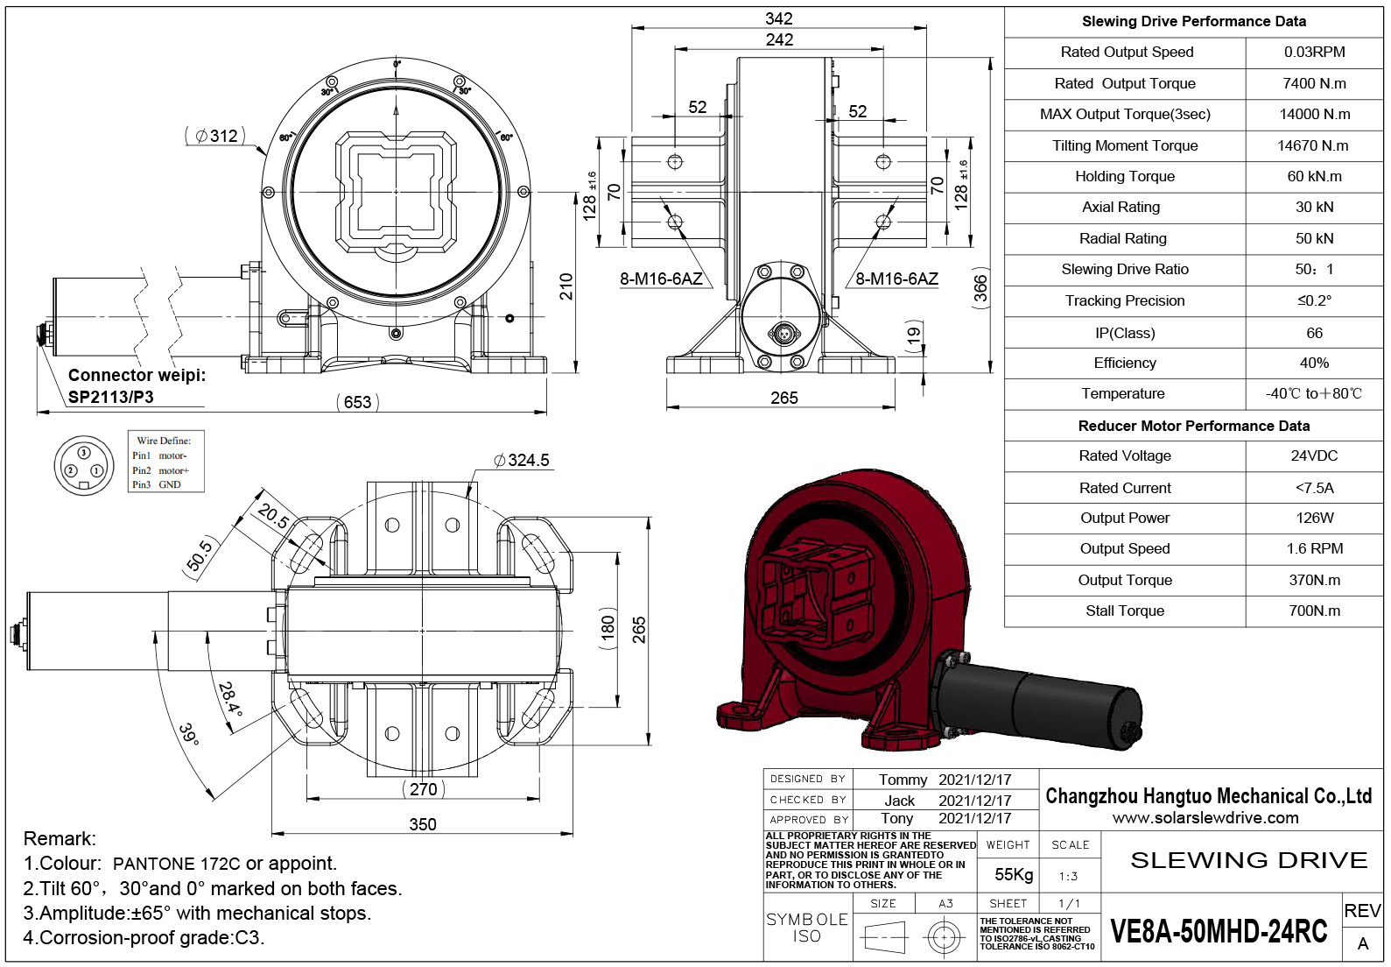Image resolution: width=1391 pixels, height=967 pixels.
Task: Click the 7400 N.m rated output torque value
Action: tap(1314, 83)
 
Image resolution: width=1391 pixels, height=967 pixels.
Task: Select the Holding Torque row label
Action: tap(1125, 176)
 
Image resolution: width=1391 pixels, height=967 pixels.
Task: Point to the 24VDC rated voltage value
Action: tap(1314, 455)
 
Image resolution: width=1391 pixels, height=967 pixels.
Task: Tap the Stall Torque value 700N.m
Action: tap(1314, 611)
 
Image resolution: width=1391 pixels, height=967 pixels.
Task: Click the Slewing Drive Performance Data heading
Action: tap(1193, 21)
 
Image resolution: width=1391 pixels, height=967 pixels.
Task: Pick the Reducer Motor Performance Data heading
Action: tap(1193, 426)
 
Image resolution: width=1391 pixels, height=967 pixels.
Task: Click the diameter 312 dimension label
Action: tap(215, 136)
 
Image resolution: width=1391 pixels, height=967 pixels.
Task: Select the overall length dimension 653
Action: tap(357, 402)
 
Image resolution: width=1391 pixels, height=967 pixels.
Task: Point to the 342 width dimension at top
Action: tap(778, 18)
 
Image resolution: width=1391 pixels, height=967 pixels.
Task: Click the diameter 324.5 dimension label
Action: tap(523, 460)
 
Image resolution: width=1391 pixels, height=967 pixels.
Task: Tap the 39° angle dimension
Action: tap(189, 734)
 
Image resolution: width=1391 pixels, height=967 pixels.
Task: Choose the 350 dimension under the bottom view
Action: tap(423, 824)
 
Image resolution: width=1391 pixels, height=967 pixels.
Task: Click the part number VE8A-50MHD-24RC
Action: tap(1219, 932)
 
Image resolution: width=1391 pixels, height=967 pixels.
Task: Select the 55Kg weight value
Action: tap(1014, 874)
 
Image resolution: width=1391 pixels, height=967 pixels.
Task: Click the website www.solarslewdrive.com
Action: tap(1205, 818)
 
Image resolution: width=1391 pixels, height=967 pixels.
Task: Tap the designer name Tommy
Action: tap(903, 780)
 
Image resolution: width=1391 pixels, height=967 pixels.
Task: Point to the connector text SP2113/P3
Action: tap(111, 397)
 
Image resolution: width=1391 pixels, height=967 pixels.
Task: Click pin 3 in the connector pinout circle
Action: tap(84, 453)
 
